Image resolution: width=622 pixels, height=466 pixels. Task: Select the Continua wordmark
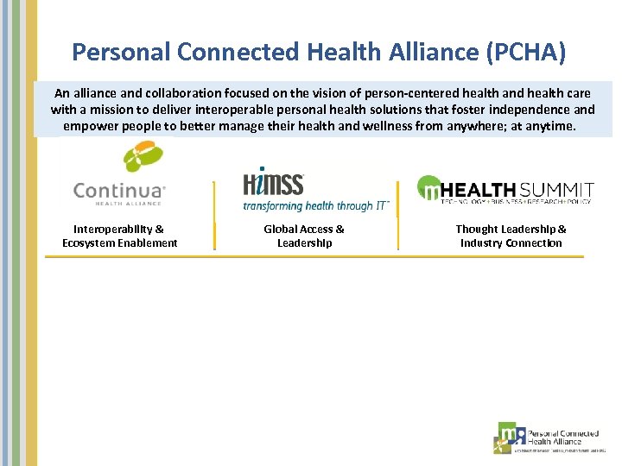click(x=119, y=190)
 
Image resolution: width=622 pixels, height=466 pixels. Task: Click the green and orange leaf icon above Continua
click(x=143, y=157)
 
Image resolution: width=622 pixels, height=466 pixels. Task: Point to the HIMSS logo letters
click(x=273, y=184)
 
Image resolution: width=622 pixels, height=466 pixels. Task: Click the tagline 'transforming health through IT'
click(x=315, y=205)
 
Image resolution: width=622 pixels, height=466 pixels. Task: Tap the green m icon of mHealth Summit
click(x=429, y=189)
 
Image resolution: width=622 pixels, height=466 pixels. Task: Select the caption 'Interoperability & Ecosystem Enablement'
click(x=119, y=236)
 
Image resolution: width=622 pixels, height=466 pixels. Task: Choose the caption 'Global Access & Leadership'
click(x=304, y=236)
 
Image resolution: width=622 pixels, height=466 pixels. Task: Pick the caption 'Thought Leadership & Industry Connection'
click(x=511, y=236)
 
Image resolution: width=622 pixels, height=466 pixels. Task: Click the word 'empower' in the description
click(x=90, y=126)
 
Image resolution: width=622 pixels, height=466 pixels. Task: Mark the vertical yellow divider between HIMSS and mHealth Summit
click(x=398, y=215)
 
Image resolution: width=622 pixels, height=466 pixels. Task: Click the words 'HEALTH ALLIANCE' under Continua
click(x=117, y=203)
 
